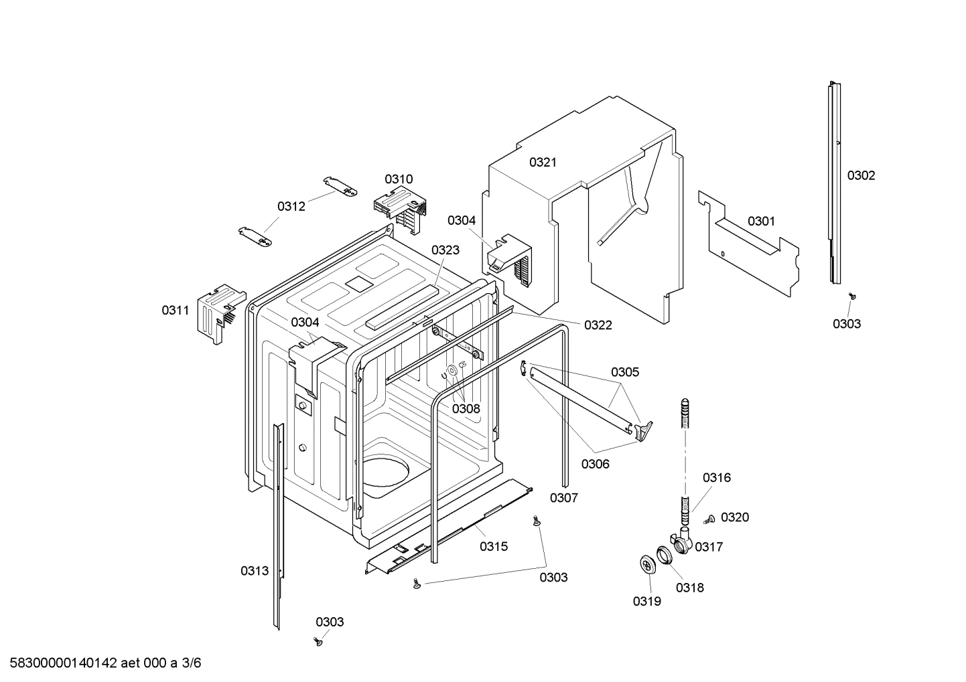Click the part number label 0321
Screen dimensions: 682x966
coord(543,162)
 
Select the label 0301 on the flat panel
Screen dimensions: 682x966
coord(761,221)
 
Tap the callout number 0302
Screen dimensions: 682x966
coord(861,175)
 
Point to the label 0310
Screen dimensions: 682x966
coord(399,179)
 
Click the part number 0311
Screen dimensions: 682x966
coord(175,310)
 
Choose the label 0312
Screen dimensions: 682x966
coord(291,206)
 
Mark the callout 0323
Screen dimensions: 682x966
coord(445,250)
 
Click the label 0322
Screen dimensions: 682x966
coord(598,325)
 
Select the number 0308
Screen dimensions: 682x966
coord(466,408)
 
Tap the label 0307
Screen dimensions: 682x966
coord(563,497)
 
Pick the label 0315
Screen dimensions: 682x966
coord(493,546)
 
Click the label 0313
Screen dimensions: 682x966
coord(255,570)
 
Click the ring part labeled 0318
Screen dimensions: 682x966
coord(664,554)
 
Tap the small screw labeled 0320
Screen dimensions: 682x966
coord(709,519)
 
